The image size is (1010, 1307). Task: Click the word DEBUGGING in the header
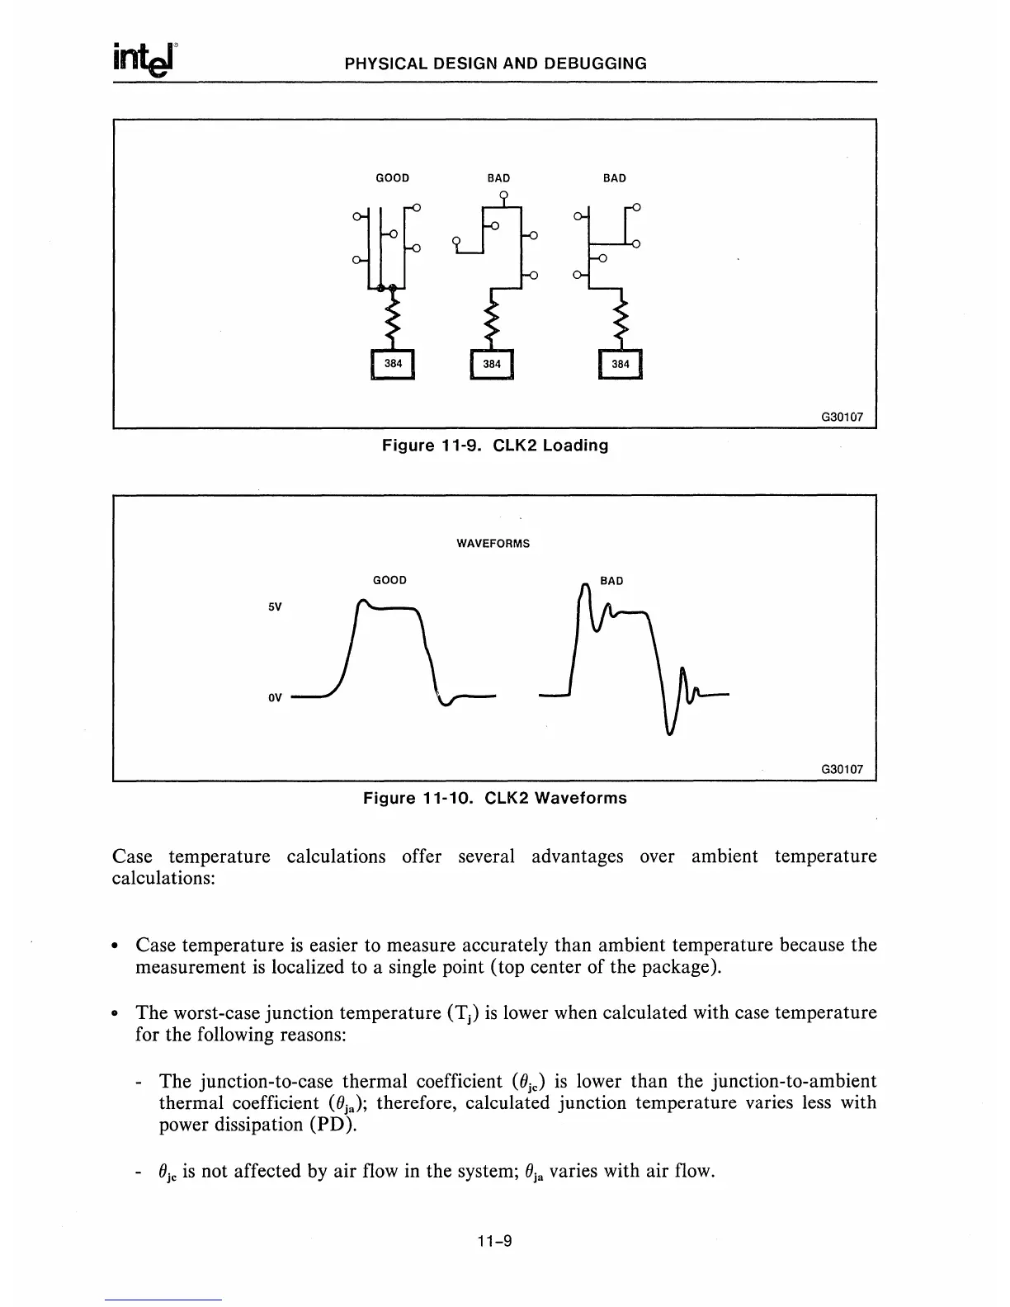tap(596, 64)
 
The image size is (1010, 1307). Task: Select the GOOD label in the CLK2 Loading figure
tap(393, 178)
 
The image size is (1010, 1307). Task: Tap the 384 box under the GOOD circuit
tap(393, 364)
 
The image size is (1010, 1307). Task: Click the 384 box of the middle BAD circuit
tap(492, 364)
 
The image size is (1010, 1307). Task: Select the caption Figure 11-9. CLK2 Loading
tap(494, 446)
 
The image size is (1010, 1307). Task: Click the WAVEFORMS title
tap(493, 544)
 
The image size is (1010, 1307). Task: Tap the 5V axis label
tap(276, 607)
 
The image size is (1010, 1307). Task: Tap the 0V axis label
tap(276, 697)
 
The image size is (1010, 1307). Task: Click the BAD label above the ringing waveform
tap(611, 581)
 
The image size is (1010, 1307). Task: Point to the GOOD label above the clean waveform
tap(390, 580)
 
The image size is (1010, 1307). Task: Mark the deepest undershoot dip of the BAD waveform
tap(670, 731)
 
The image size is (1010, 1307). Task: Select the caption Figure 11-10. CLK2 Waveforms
tap(495, 798)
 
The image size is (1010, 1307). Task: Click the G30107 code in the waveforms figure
tap(842, 769)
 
